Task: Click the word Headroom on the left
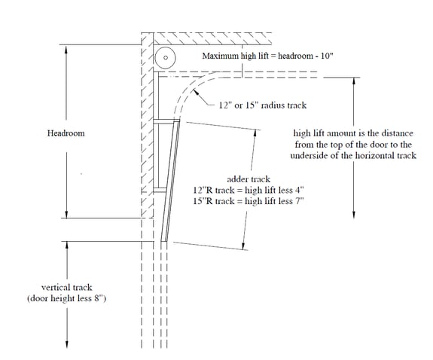click(66, 133)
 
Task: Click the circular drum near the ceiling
click(166, 58)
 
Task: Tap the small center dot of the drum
click(166, 58)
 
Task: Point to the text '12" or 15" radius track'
click(263, 105)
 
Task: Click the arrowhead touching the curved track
click(196, 92)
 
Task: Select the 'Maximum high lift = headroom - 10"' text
click(267, 56)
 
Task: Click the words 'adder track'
click(249, 179)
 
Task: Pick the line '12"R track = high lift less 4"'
click(249, 190)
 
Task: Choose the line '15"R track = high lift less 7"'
click(249, 201)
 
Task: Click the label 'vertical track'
click(66, 288)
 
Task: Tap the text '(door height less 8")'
click(66, 298)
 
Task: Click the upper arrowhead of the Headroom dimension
click(66, 50)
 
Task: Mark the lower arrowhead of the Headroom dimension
click(66, 214)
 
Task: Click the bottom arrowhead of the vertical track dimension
click(67, 343)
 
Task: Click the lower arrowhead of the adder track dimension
click(243, 246)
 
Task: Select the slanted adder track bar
click(170, 181)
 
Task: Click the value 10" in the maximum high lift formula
click(327, 56)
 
